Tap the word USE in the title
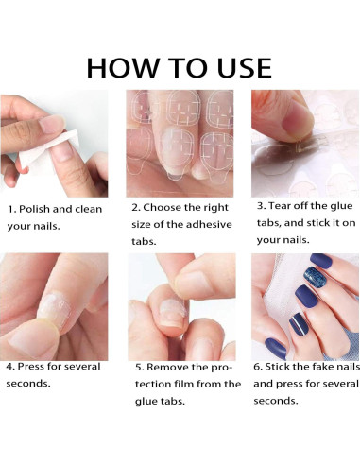click(244, 68)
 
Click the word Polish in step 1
click(34, 209)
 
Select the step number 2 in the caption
click(136, 208)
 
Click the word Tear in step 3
click(279, 206)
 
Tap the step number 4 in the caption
click(10, 367)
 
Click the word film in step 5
click(184, 385)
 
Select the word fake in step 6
click(316, 367)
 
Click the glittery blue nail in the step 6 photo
click(316, 277)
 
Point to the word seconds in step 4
click(28, 384)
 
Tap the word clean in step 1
click(88, 209)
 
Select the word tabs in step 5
click(173, 402)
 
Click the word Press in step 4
click(31, 367)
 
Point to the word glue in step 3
click(341, 207)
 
